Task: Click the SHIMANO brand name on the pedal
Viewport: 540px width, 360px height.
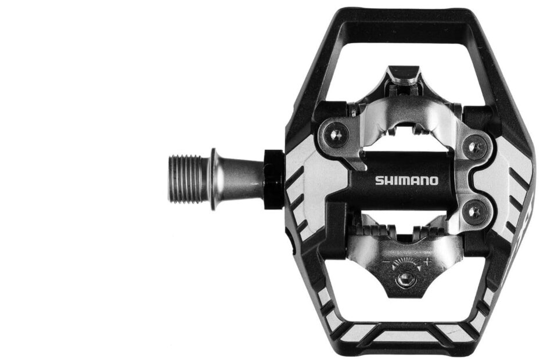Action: click(x=406, y=180)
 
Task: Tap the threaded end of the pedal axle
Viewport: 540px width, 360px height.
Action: click(x=186, y=178)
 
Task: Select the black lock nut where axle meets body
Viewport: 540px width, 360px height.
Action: click(x=273, y=179)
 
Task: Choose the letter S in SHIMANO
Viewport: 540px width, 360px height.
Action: click(x=378, y=180)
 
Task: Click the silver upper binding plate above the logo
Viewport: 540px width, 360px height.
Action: click(x=406, y=116)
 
